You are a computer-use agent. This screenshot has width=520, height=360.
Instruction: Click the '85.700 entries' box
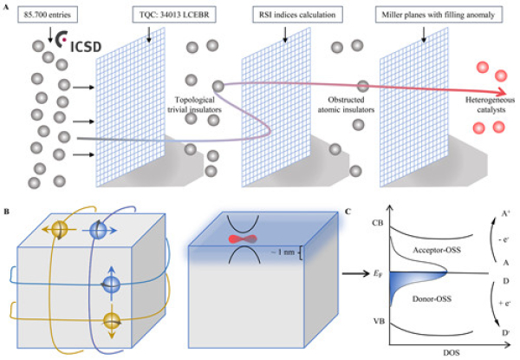tap(43, 14)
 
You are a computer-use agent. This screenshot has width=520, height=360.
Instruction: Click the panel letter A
tap(6, 7)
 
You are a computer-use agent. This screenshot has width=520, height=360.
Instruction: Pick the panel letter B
tap(6, 211)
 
